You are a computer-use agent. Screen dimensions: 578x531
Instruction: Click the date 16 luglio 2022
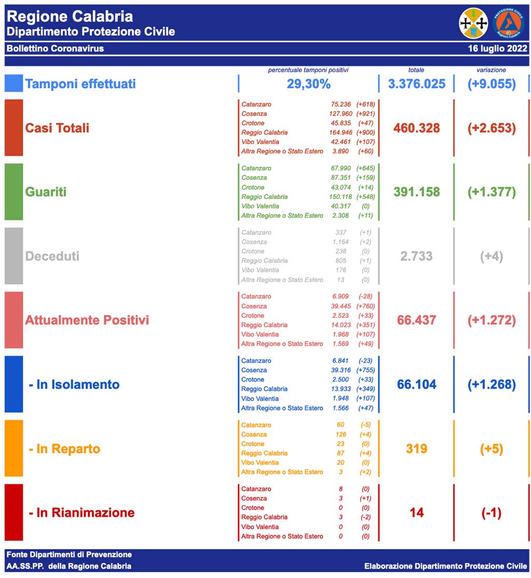497,49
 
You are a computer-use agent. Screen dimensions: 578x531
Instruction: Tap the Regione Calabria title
70,17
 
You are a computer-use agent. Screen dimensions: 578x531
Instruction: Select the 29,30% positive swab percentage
309,84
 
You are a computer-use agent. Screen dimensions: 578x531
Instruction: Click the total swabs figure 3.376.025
416,84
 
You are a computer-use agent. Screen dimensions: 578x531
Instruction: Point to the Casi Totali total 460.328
416,128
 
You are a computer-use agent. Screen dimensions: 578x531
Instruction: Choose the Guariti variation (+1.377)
491,192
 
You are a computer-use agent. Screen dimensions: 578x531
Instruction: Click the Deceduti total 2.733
416,256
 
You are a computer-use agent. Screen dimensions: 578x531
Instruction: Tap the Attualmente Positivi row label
87,320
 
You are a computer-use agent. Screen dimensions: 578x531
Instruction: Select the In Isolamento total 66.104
416,385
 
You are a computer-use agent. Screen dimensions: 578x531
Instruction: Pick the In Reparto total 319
416,449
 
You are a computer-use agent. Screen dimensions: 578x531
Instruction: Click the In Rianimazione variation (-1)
491,513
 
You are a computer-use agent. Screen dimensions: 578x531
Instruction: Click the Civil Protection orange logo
508,23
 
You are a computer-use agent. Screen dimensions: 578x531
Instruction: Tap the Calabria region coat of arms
473,23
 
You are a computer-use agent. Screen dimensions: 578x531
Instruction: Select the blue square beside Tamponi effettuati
13,83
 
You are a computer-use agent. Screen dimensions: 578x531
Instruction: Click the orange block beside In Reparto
13,448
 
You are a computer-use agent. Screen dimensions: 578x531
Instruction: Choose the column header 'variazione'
491,70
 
